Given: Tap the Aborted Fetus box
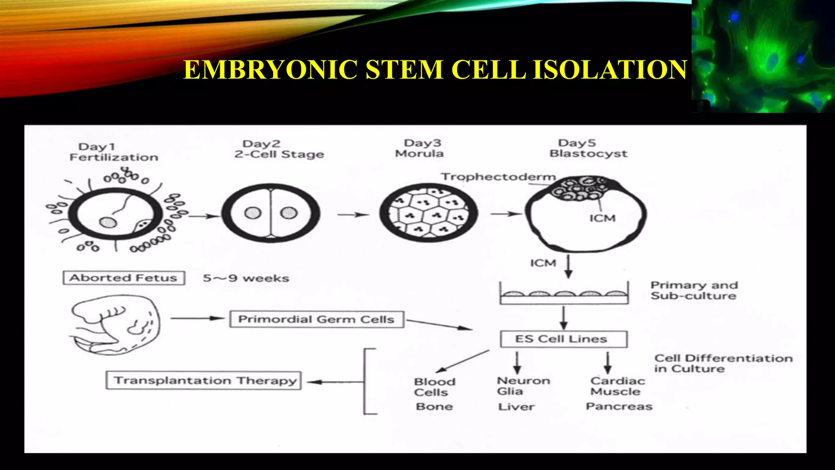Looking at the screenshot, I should [x=124, y=278].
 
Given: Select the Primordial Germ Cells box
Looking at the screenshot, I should [x=316, y=319].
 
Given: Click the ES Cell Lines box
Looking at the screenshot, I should [x=563, y=339].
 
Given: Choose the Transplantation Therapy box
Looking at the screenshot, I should [x=203, y=380].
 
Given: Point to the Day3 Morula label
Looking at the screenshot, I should [x=420, y=149].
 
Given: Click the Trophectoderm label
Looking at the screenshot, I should [x=498, y=177].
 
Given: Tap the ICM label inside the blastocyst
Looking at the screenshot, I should [x=602, y=218].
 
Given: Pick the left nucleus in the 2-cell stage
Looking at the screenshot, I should [x=252, y=213].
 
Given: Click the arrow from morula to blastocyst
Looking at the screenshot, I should [x=506, y=213].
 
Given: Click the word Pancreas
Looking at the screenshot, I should [x=619, y=406].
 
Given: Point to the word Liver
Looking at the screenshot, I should [x=516, y=406].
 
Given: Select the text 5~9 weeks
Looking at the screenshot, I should [x=246, y=278].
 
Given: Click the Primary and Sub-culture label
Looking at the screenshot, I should [x=694, y=290].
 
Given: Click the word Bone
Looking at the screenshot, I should [x=434, y=406].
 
